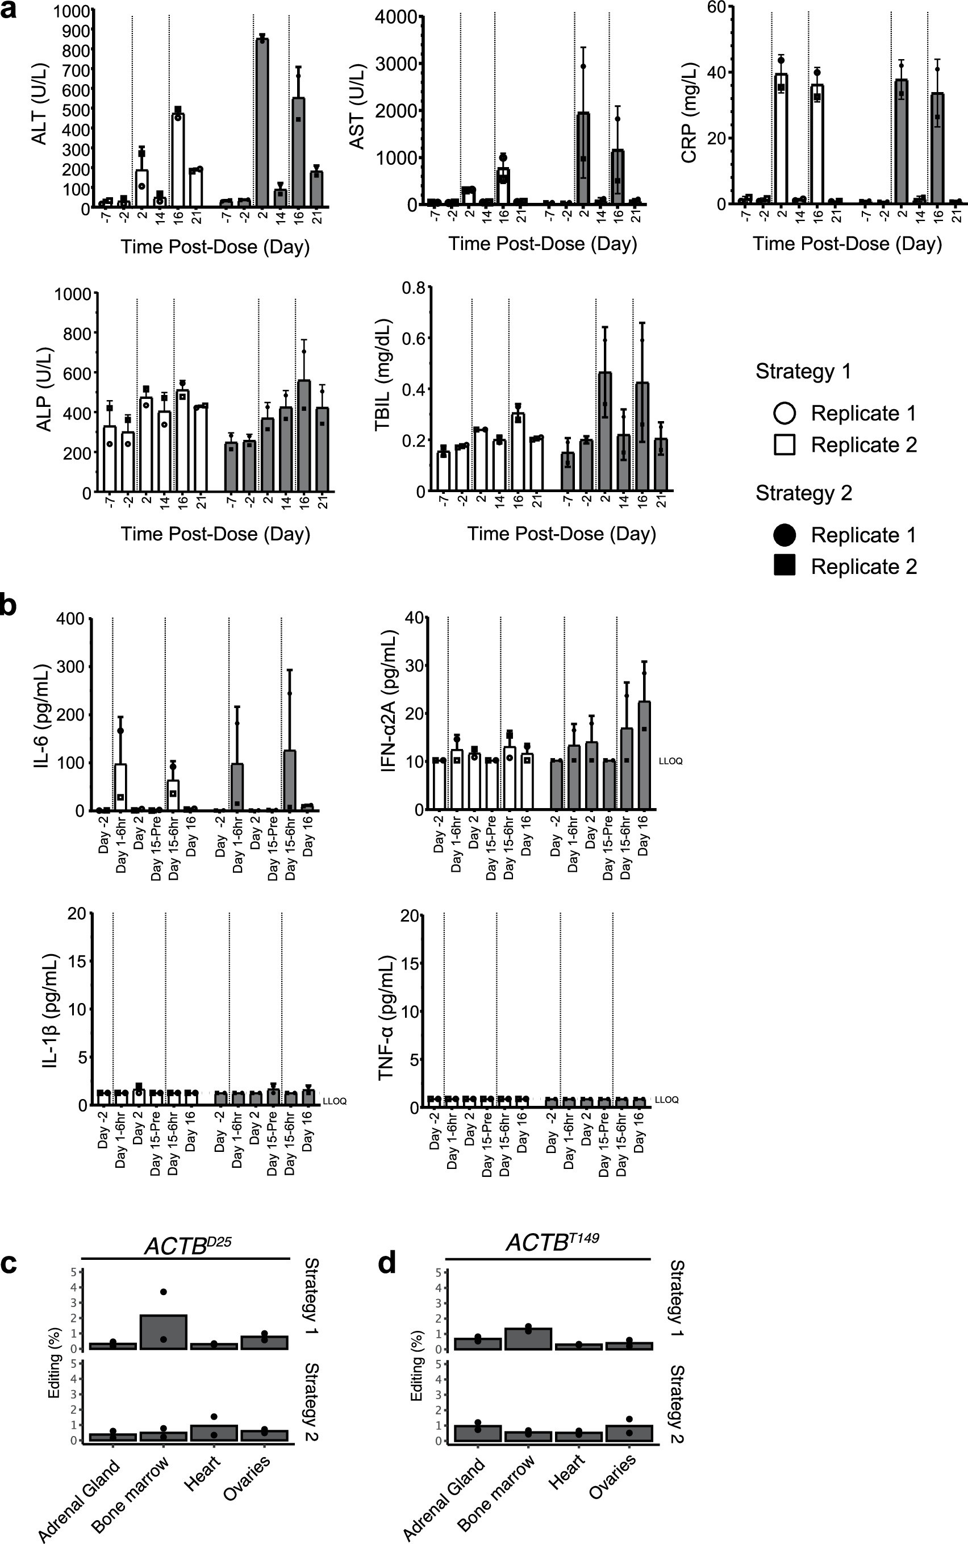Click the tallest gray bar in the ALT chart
click(261, 122)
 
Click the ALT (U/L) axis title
click(40, 104)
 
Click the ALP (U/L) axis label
click(44, 389)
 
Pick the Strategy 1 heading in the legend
click(803, 372)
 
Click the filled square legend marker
click(785, 565)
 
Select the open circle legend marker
click(785, 413)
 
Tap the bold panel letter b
click(9, 605)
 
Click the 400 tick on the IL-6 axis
click(70, 619)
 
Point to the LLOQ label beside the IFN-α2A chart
click(670, 761)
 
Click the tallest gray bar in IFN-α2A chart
click(644, 756)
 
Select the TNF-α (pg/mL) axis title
click(386, 1018)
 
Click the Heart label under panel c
click(202, 1474)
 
